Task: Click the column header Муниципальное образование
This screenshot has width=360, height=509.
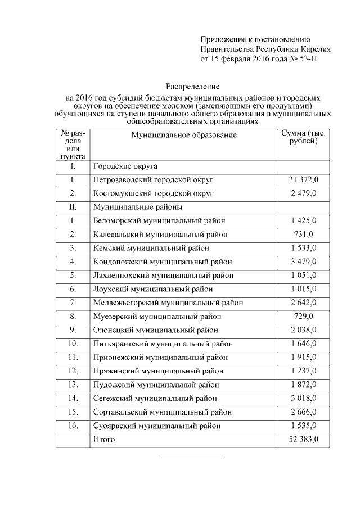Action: point(184,135)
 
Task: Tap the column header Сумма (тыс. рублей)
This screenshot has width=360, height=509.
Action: point(303,137)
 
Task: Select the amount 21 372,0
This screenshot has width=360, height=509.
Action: point(304,180)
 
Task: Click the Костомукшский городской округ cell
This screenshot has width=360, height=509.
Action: point(154,193)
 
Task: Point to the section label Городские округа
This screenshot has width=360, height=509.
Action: point(125,166)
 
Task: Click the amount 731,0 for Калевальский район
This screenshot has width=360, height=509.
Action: point(304,234)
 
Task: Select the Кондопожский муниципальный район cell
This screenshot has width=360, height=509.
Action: point(163,262)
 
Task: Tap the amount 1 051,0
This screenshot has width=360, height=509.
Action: point(304,275)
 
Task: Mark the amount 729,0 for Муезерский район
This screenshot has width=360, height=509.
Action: point(304,316)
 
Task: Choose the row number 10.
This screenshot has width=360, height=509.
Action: point(73,344)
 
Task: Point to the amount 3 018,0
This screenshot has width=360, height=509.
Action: point(304,398)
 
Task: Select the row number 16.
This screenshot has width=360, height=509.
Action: point(73,425)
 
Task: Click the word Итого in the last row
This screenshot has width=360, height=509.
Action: point(104,439)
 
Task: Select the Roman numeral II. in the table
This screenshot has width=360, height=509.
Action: point(73,207)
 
